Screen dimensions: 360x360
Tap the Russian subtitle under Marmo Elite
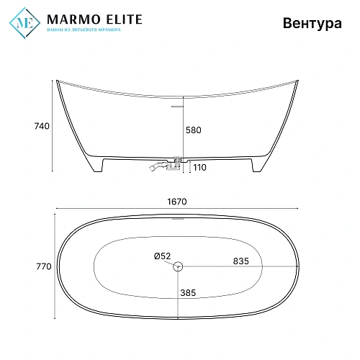pos(83,30)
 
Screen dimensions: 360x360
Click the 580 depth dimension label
pos(194,130)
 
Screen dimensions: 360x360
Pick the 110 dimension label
pos(198,167)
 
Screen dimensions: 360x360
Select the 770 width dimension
pos(42,266)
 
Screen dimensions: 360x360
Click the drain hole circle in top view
pos(179,267)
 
